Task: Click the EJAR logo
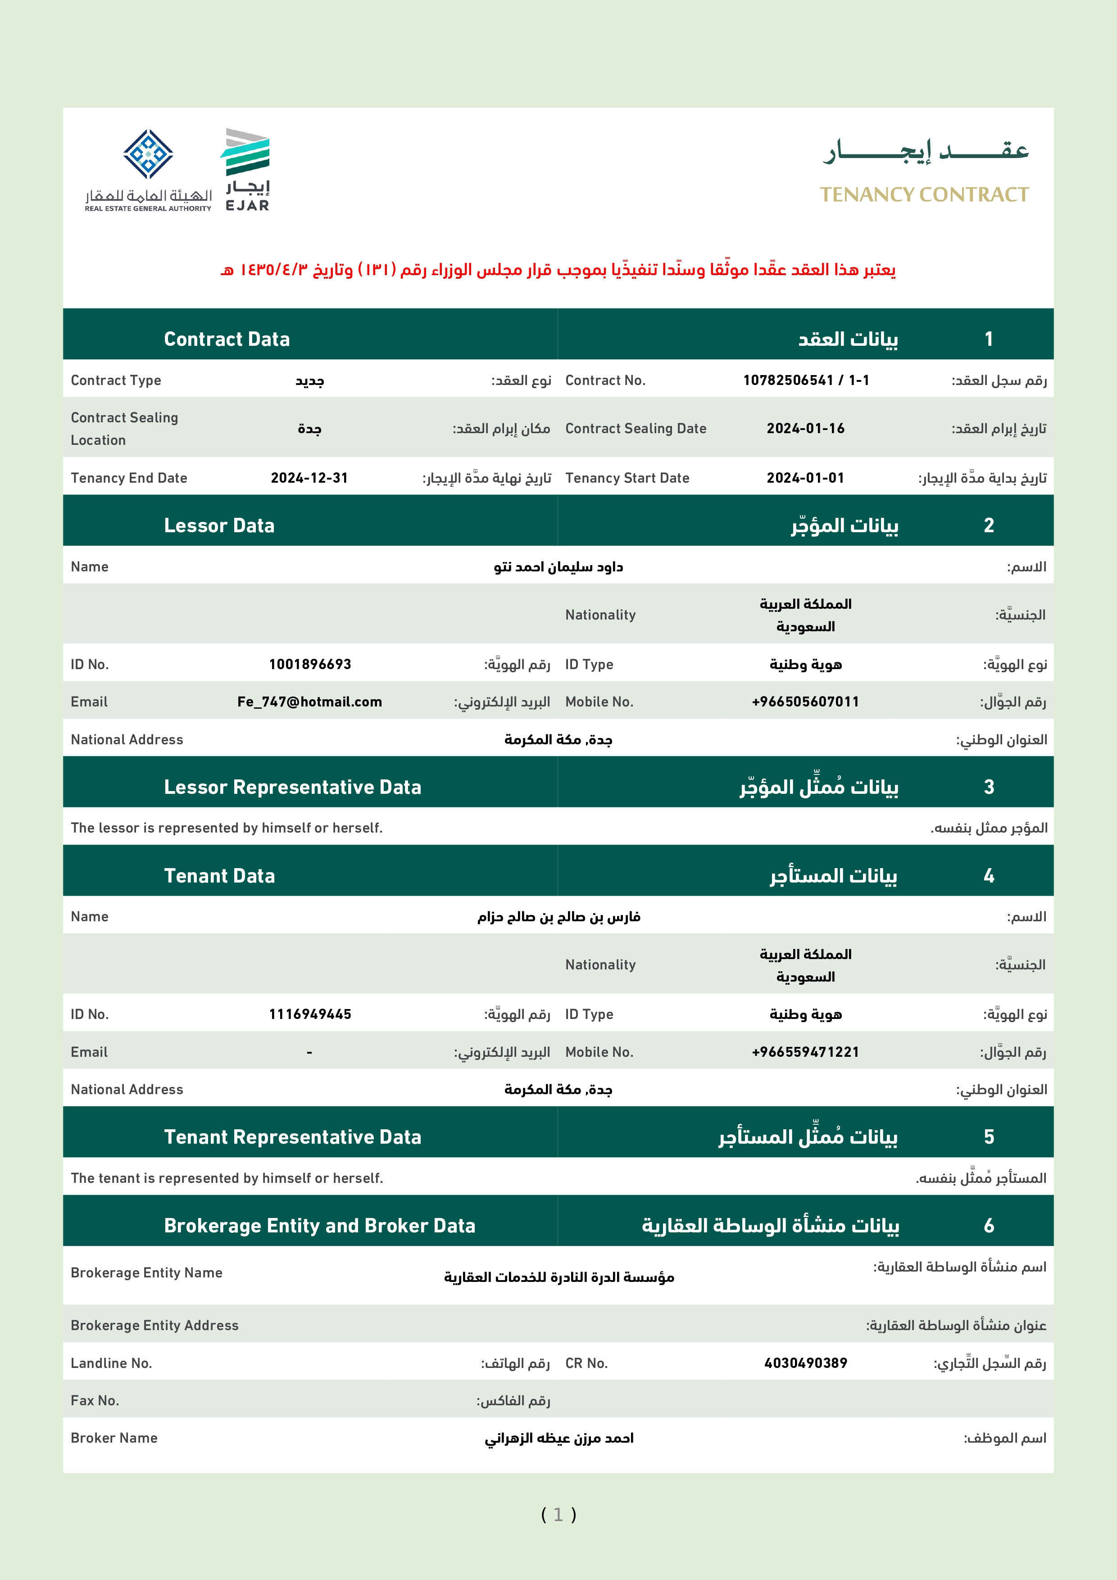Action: click(x=246, y=169)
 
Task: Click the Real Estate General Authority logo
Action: click(x=148, y=169)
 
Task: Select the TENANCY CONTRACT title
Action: click(x=924, y=195)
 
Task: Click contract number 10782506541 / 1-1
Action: click(x=806, y=380)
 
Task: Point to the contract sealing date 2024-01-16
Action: click(x=805, y=429)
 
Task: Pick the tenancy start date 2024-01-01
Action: click(x=805, y=478)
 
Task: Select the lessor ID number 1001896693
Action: click(x=310, y=665)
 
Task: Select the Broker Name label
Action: click(x=114, y=1438)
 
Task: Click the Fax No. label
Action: click(x=95, y=1400)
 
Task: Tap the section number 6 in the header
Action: click(x=989, y=1226)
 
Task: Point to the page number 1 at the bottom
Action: click(x=558, y=1515)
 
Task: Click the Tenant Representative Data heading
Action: click(x=292, y=1137)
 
